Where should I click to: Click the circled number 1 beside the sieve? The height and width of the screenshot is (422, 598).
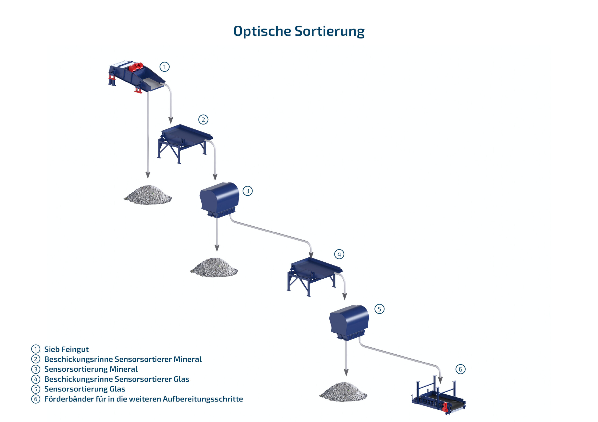164,67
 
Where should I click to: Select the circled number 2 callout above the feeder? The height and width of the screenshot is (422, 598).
203,120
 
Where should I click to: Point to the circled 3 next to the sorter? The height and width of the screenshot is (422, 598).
247,191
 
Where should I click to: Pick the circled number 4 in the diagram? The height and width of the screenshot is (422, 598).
339,254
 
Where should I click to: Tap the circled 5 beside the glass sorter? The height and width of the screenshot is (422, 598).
379,309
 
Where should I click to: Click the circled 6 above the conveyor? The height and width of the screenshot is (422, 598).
460,369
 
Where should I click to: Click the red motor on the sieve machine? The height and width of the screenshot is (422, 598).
136,67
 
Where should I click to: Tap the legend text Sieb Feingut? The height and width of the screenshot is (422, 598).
66,349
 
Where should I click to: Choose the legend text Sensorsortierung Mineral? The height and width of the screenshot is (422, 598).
91,369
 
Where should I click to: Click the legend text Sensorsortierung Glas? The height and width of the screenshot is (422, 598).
85,389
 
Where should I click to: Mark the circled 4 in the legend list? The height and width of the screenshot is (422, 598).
36,379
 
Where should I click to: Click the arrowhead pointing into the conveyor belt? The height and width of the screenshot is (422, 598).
440,380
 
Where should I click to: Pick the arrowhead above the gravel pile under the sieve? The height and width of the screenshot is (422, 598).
148,175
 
